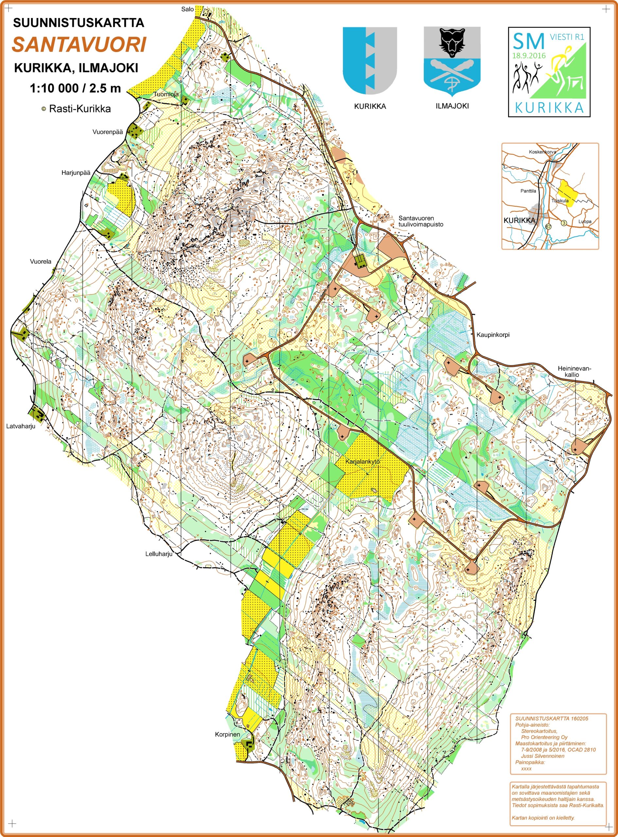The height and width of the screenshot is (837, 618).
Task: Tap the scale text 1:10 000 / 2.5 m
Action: click(x=75, y=88)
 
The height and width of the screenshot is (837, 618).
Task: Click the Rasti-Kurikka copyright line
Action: click(x=76, y=109)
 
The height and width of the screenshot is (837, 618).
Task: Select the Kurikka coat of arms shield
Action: click(x=369, y=60)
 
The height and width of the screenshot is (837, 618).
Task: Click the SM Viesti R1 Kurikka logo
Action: click(x=549, y=72)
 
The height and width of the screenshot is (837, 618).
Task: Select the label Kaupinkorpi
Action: click(x=493, y=335)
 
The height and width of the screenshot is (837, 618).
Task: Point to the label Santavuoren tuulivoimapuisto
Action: click(x=421, y=221)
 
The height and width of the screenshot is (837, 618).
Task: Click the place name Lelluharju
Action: click(x=159, y=554)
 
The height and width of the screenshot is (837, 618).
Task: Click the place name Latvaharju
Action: click(x=21, y=426)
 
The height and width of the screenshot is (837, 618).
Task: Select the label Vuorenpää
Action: click(x=108, y=132)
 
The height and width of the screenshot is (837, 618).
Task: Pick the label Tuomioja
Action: click(x=166, y=94)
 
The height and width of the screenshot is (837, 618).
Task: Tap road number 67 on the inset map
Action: click(x=548, y=227)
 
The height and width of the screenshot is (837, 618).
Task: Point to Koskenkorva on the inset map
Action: click(x=542, y=152)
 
